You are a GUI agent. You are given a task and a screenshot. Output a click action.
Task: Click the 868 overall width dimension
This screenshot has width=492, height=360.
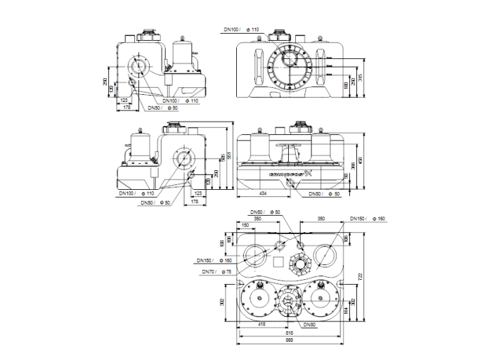[x=289, y=340]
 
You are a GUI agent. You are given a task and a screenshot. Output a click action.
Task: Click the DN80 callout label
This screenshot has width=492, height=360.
[x=309, y=324]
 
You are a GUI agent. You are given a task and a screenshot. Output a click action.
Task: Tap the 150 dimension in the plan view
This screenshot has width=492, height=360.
[x=245, y=225]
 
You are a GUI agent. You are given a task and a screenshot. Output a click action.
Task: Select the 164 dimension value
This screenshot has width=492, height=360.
[x=345, y=309]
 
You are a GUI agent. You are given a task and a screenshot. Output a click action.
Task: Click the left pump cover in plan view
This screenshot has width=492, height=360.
[x=255, y=300]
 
